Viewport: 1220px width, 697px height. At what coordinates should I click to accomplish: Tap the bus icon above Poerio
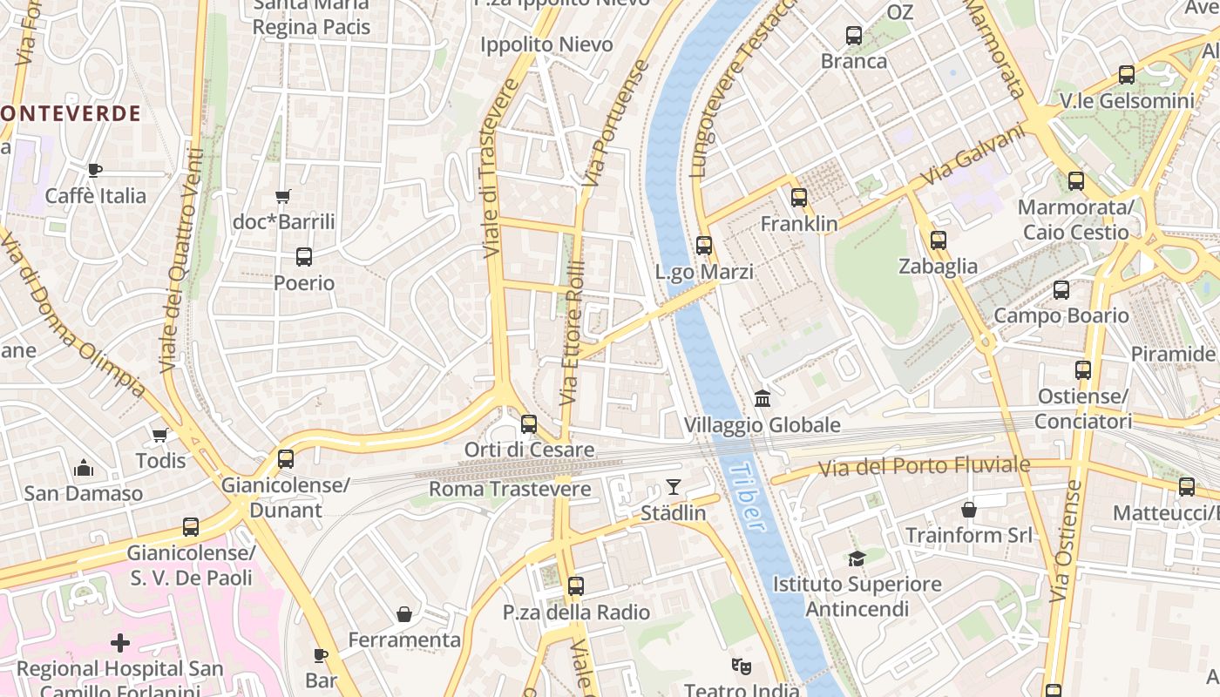(x=304, y=257)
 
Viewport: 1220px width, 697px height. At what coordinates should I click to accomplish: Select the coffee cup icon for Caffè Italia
(x=96, y=169)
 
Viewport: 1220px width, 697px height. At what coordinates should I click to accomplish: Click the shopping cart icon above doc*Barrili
(x=282, y=196)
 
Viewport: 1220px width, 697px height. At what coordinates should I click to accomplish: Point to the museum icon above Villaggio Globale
(x=762, y=399)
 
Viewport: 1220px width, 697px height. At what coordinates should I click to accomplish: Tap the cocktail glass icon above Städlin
(x=674, y=486)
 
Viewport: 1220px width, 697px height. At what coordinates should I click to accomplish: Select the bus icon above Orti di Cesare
(x=529, y=424)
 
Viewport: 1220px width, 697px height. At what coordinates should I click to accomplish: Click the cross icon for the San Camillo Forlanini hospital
(x=120, y=643)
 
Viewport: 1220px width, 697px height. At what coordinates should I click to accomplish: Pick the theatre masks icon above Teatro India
(x=742, y=667)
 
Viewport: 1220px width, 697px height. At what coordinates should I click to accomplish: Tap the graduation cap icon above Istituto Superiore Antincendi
(x=857, y=558)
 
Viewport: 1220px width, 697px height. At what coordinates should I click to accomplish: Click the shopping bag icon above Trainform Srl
(x=968, y=509)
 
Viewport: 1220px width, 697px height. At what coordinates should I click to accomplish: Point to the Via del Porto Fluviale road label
(x=924, y=467)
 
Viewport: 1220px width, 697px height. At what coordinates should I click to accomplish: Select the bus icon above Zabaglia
(x=939, y=240)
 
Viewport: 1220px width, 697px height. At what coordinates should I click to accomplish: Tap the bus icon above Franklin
(x=799, y=198)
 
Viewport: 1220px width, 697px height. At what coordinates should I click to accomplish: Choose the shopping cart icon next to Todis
(x=159, y=435)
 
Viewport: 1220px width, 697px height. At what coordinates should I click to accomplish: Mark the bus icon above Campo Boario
(x=1061, y=290)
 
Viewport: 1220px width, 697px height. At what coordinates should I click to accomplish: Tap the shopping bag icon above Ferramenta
(x=404, y=614)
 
